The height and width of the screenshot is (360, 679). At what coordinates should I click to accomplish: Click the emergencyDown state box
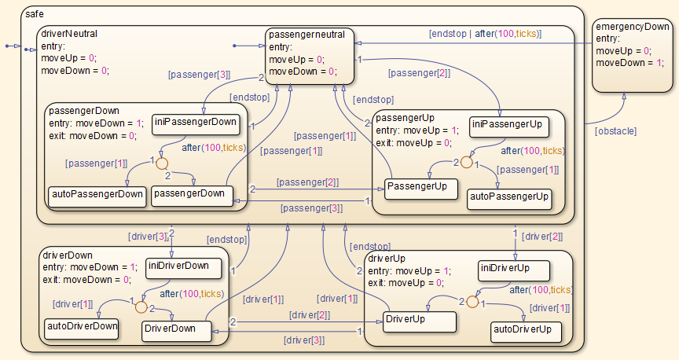[633, 55]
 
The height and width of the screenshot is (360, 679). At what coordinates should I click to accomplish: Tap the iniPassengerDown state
[196, 122]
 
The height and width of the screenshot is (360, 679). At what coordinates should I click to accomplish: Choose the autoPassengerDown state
[97, 195]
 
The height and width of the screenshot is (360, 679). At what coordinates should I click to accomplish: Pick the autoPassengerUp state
[508, 197]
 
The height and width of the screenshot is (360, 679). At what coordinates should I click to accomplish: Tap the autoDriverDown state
[82, 326]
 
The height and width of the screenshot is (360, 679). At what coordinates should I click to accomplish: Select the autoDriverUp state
[527, 331]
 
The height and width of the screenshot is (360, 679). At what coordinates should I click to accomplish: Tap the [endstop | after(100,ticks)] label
[496, 34]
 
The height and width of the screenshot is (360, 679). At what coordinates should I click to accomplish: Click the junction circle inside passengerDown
[162, 164]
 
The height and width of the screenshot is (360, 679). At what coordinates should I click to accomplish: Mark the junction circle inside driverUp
[472, 301]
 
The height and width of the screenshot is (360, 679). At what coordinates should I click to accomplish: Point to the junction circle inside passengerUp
[465, 163]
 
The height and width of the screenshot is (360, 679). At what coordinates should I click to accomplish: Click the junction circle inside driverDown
[142, 307]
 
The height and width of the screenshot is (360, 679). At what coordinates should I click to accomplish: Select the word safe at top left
[35, 14]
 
